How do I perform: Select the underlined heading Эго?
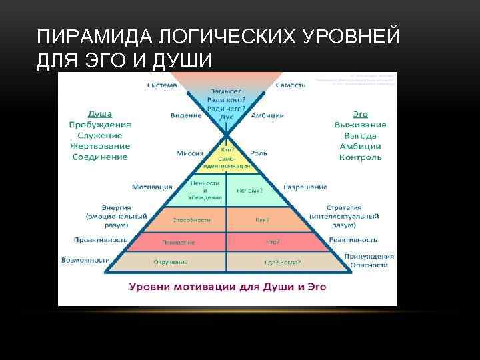point(360,113)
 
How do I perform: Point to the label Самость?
point(291,85)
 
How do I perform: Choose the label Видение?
point(186,115)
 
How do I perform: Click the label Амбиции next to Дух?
point(267,115)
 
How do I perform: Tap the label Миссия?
point(189,153)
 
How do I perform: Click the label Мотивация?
point(152,187)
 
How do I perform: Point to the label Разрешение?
point(305,187)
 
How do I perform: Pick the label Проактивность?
point(101,239)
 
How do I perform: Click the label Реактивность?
point(353,239)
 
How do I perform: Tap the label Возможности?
point(85,260)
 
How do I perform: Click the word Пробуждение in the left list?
point(99,125)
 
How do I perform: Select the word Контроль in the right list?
point(360,157)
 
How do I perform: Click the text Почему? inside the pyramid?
point(250,190)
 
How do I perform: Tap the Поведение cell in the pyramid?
point(179,243)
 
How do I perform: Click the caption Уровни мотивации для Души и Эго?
point(227,287)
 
